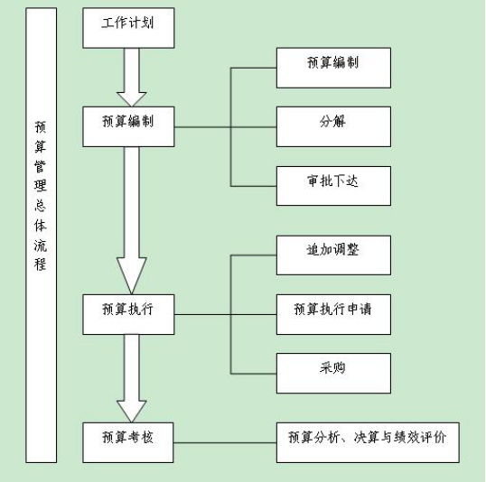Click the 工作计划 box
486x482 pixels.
(x=128, y=28)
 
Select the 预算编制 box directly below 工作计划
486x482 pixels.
(x=128, y=126)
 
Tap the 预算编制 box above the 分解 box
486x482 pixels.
(x=333, y=68)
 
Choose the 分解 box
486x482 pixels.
(x=333, y=126)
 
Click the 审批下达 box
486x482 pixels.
(x=333, y=186)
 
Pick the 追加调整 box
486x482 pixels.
(x=333, y=255)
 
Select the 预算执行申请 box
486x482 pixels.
(x=333, y=314)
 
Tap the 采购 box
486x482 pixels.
(x=333, y=374)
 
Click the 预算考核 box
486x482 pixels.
(x=128, y=442)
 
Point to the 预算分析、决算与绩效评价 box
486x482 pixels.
(x=368, y=442)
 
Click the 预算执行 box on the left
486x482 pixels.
(x=128, y=314)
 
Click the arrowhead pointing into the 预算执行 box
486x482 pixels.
(x=131, y=275)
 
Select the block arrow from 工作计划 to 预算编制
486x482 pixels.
(x=131, y=78)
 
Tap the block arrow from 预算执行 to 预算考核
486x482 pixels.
(x=131, y=378)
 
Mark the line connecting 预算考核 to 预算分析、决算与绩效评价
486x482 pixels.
(x=225, y=442)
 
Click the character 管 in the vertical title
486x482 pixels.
(x=41, y=166)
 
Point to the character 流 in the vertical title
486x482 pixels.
(x=41, y=246)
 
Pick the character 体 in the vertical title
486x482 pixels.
(x=41, y=226)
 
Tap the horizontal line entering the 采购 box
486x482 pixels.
(x=254, y=374)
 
